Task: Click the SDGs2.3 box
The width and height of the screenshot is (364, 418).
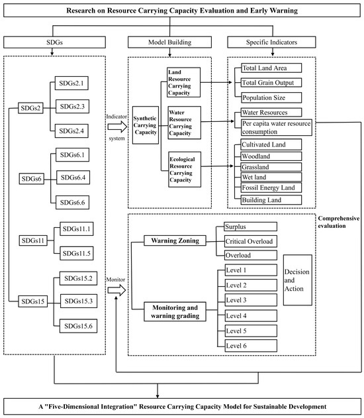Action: (x=73, y=107)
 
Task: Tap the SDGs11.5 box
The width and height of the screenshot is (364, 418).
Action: (x=79, y=252)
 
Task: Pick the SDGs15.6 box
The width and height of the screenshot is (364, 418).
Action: (x=80, y=324)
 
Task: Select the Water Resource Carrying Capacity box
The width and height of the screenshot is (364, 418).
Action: (x=184, y=122)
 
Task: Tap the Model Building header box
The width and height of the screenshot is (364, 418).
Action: (x=169, y=42)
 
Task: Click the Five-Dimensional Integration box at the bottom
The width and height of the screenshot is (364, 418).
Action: (x=181, y=405)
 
